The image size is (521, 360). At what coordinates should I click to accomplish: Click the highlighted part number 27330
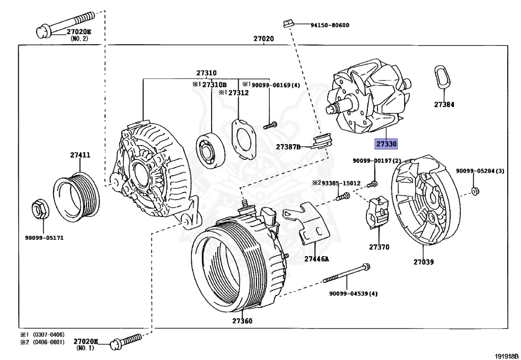pos(386,144)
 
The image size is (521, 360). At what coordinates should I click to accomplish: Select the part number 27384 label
pos(444,104)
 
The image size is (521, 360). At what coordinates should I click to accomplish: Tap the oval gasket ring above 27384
pos(442,77)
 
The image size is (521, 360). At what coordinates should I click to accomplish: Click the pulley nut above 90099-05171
pos(40,209)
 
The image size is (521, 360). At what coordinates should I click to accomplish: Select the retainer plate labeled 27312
pos(244,138)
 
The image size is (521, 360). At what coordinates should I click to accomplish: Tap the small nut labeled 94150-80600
pos(287,24)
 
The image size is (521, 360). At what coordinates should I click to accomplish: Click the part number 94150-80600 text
pos(330,25)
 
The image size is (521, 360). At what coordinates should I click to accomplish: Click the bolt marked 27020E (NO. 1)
pos(126,341)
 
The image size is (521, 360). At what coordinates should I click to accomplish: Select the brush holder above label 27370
pos(378,212)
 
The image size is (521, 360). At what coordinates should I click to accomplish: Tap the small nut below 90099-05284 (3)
pos(475,191)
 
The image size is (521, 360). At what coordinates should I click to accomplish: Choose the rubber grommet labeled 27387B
pos(322,140)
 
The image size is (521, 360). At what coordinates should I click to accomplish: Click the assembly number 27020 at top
pos(264,39)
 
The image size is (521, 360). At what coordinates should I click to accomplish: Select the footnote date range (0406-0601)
pos(48,342)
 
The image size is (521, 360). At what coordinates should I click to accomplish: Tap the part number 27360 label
pos(242,321)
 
